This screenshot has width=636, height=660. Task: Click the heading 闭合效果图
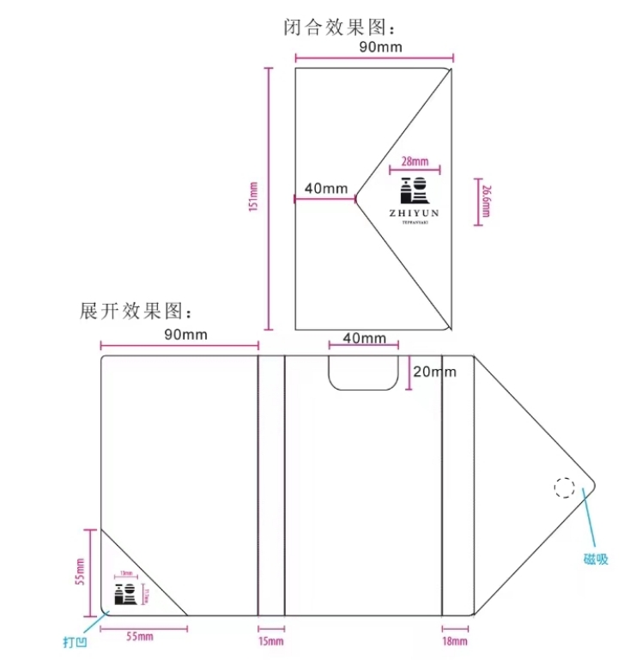pos(342,27)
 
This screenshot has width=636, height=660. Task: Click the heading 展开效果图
pos(138,311)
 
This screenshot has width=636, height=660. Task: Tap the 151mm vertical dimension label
pos(253,199)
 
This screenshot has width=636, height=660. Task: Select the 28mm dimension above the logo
pos(415,160)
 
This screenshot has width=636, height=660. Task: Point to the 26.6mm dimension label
pos(486,203)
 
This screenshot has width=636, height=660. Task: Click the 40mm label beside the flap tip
pos(325,188)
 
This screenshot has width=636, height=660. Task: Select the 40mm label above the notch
pos(364,338)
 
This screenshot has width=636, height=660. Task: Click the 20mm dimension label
pos(434,372)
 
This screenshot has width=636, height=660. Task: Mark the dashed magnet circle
pos(564,488)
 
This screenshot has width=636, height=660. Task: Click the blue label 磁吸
pos(596,559)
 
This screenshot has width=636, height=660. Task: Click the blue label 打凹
pos(74,641)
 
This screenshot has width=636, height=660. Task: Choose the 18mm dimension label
pos(456,641)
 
